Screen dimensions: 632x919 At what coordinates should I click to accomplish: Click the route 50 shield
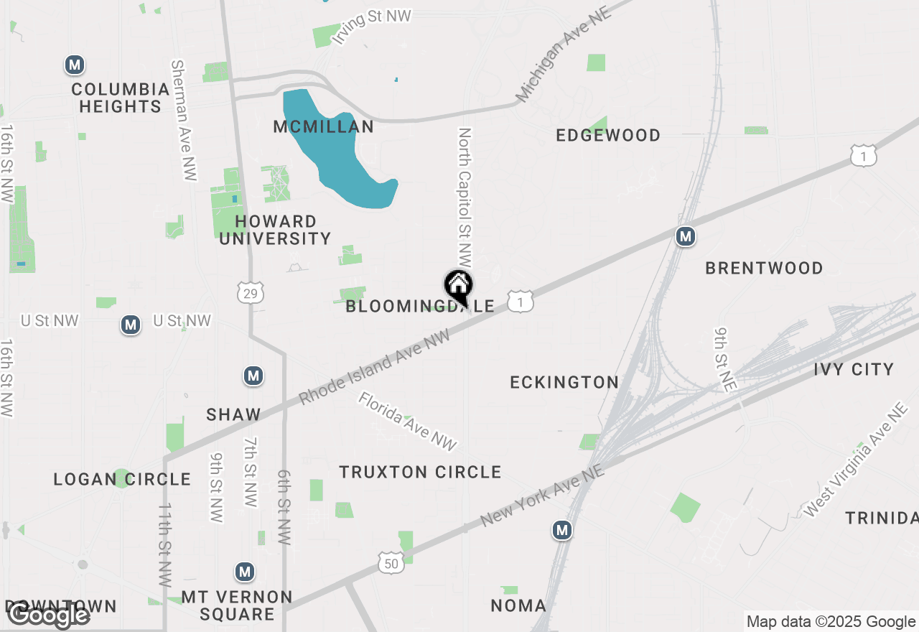point(390,564)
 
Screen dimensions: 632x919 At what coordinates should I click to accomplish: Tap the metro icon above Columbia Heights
point(74,65)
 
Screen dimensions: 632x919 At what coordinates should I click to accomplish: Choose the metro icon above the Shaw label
point(253,376)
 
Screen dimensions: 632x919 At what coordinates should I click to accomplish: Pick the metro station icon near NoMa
point(562,531)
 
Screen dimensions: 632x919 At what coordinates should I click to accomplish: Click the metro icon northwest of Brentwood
point(686,236)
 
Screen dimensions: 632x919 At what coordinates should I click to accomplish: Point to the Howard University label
point(275,230)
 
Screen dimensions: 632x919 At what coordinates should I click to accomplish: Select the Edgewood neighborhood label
point(608,135)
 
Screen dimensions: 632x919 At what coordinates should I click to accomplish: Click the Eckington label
point(564,382)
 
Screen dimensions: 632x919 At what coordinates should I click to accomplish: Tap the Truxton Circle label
point(420,472)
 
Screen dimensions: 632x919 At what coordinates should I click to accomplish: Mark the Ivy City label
point(854,369)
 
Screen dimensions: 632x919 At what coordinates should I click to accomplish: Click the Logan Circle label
point(122,479)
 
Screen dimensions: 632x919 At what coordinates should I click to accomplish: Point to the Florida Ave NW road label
point(408,422)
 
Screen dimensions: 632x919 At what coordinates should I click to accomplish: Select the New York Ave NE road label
point(543,494)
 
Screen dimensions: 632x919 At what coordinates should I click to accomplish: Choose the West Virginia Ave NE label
point(857,460)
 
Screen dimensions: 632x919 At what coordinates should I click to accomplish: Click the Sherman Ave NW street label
point(184,120)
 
